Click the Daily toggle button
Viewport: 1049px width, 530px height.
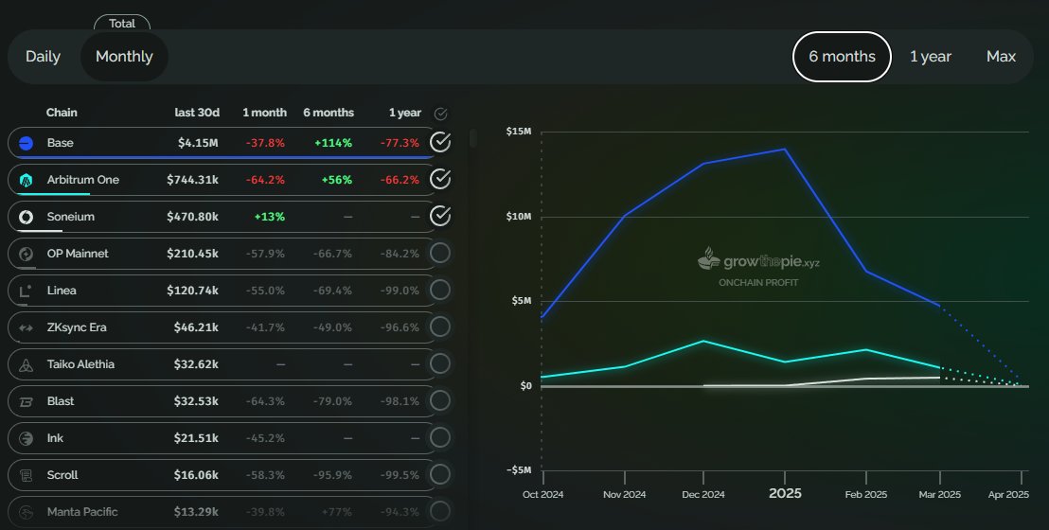click(43, 57)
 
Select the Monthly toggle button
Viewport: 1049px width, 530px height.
click(124, 57)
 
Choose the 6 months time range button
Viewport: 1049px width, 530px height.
click(842, 57)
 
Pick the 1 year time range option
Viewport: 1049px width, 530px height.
click(930, 57)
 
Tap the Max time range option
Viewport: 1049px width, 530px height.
click(1001, 57)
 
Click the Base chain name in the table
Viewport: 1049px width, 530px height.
click(60, 143)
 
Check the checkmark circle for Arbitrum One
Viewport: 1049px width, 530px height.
click(439, 179)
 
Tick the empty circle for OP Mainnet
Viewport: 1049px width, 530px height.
click(439, 254)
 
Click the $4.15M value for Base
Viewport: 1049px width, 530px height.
click(198, 143)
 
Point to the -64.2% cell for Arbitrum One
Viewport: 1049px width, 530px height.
click(266, 180)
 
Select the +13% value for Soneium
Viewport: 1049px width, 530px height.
click(269, 217)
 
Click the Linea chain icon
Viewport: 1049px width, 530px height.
click(27, 291)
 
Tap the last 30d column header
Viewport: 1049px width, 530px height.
click(197, 113)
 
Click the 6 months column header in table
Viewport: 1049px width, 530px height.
click(328, 113)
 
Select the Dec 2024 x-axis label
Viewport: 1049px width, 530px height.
click(702, 494)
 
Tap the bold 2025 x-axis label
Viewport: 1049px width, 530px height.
click(785, 493)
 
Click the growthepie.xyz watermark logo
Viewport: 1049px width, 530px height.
click(757, 259)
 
